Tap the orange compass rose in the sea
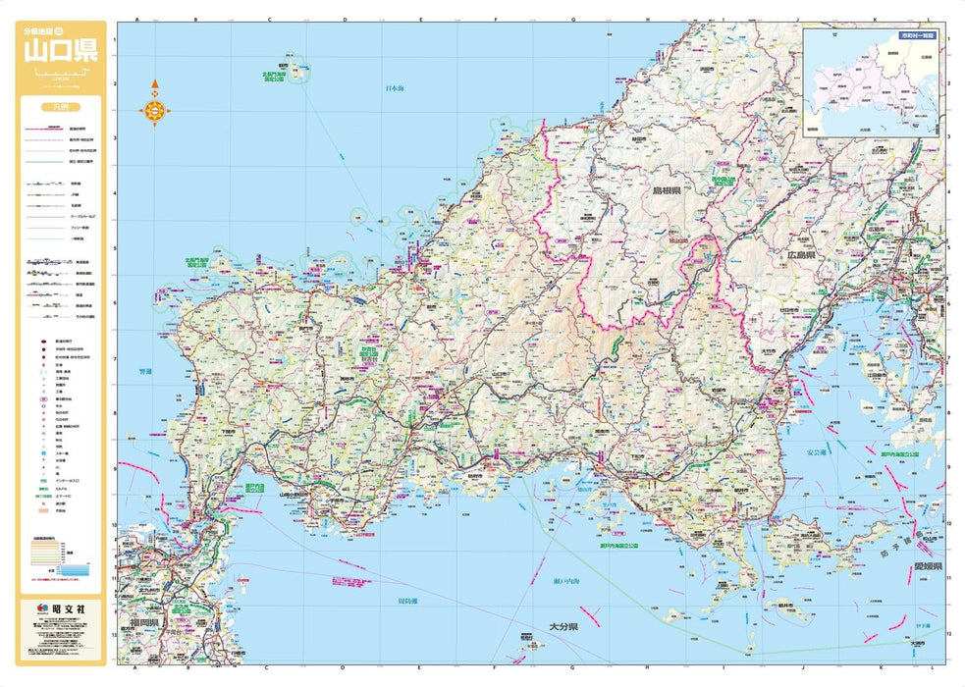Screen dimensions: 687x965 [x=155, y=111]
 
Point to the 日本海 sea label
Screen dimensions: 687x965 [x=394, y=87]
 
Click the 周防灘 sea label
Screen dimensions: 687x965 [x=408, y=600]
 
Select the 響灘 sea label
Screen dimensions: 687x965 [x=145, y=372]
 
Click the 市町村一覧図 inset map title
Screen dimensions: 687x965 [x=918, y=35]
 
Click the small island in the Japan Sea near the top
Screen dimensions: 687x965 [x=298, y=71]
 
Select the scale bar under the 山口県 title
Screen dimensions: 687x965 [x=61, y=75]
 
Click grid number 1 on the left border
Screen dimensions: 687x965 [x=115, y=40]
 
